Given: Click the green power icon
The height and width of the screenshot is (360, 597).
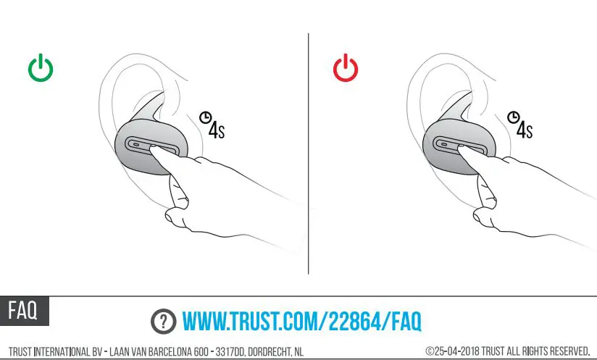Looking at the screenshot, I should [41, 69].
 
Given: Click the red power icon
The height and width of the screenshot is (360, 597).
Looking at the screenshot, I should [346, 69].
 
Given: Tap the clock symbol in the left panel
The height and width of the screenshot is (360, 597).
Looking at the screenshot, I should [206, 117].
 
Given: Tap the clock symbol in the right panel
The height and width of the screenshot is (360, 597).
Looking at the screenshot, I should [514, 117].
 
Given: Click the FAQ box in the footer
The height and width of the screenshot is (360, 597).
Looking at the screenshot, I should [24, 310].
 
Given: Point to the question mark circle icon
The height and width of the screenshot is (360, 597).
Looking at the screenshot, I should [164, 320].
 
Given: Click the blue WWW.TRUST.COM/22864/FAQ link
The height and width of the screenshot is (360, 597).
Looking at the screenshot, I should [301, 320].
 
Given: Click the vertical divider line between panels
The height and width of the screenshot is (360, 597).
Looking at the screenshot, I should [309, 152].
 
